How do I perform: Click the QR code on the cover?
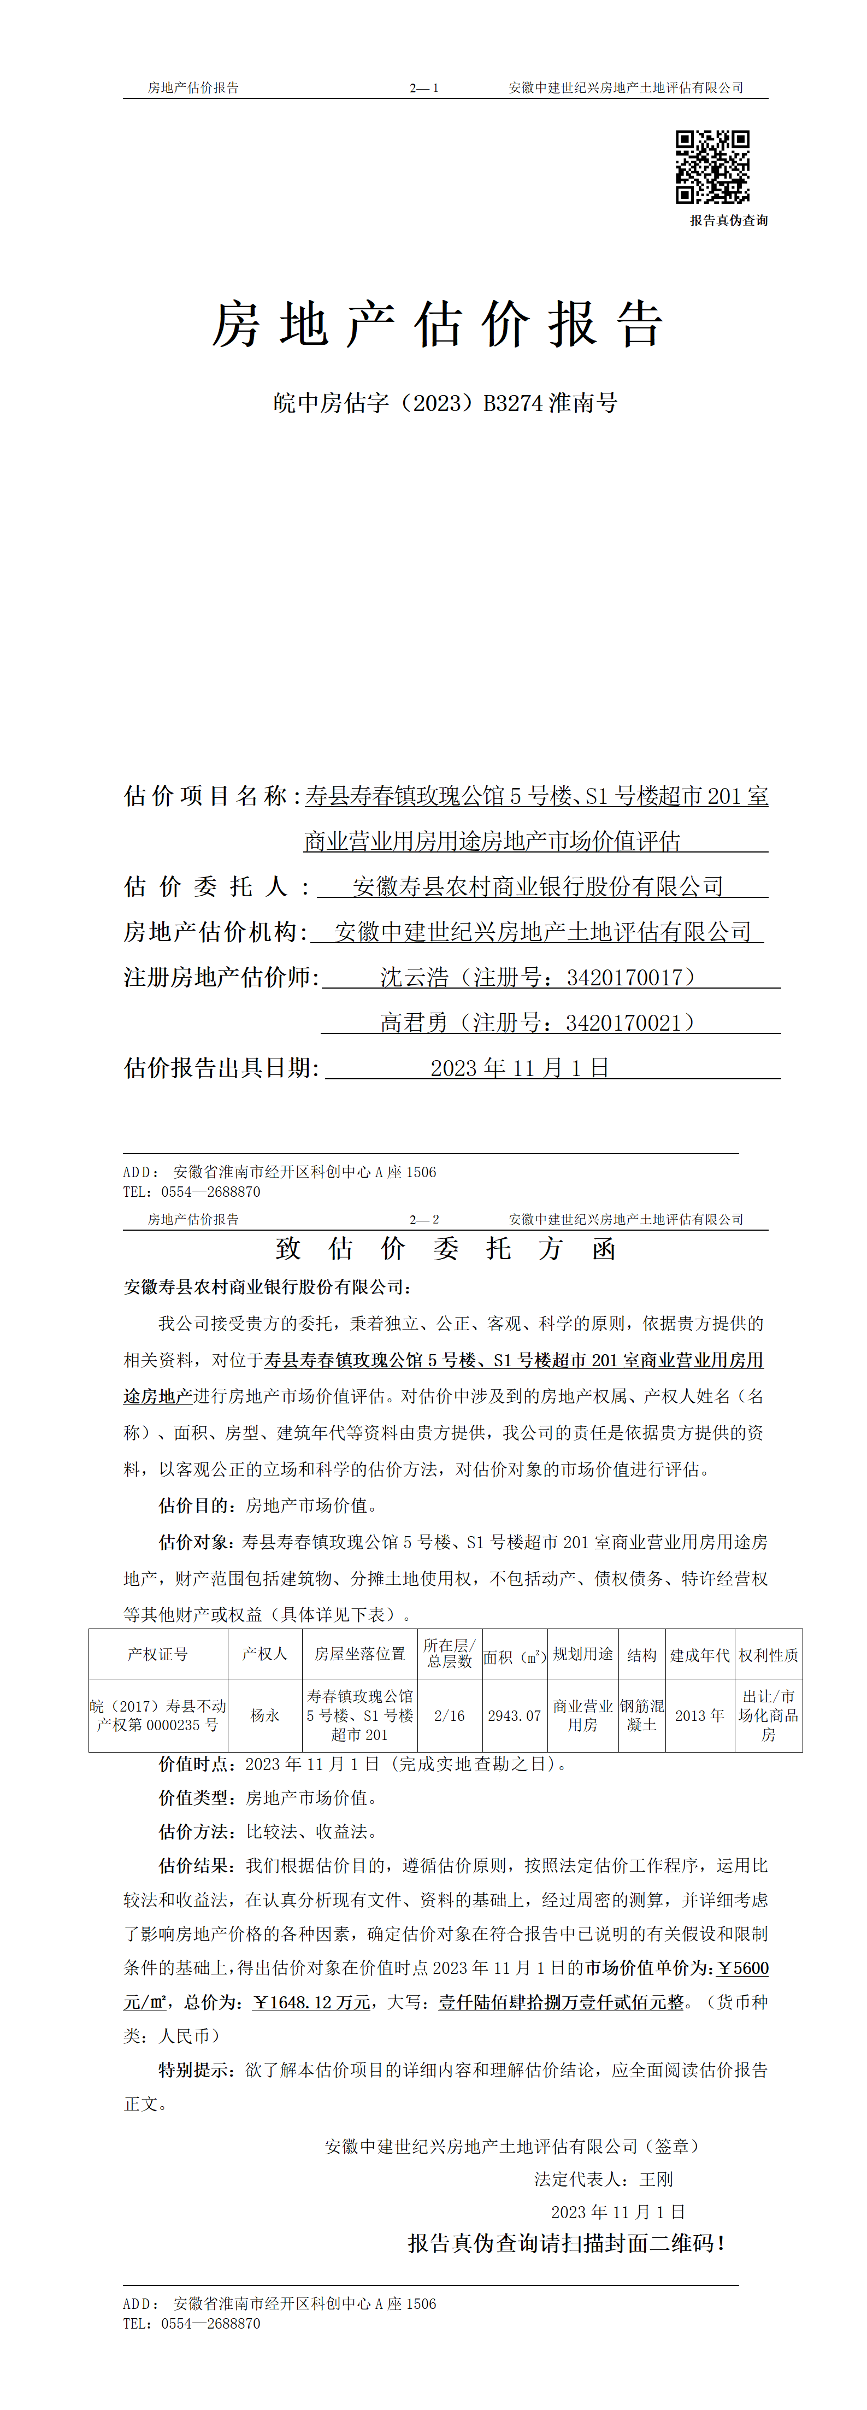click(713, 167)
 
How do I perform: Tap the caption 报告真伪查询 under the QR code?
click(729, 221)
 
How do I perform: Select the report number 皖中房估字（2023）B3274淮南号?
click(445, 403)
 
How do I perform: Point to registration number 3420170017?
click(625, 978)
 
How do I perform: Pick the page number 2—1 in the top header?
click(424, 88)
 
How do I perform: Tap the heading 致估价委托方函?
click(445, 1249)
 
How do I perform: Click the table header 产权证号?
click(157, 1654)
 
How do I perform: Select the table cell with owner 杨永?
click(264, 1715)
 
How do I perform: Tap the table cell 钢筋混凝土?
click(641, 1715)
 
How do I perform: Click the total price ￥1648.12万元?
click(311, 2002)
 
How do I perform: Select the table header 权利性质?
click(768, 1655)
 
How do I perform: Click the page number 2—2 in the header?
click(424, 1219)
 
